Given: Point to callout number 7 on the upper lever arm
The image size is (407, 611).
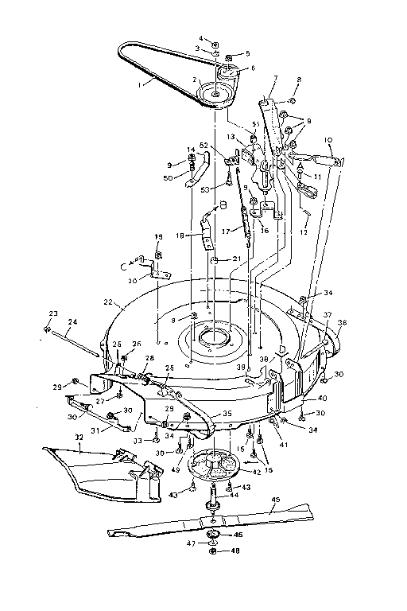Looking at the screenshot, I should point(274,80).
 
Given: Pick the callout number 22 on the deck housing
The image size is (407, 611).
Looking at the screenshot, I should point(108,302).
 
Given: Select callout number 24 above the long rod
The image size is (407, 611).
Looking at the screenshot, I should point(72,322).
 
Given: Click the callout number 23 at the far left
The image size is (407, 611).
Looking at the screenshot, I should point(45,314).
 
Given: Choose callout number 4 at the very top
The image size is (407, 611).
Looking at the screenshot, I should point(201,37).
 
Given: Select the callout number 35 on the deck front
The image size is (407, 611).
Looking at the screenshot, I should point(227,414).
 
